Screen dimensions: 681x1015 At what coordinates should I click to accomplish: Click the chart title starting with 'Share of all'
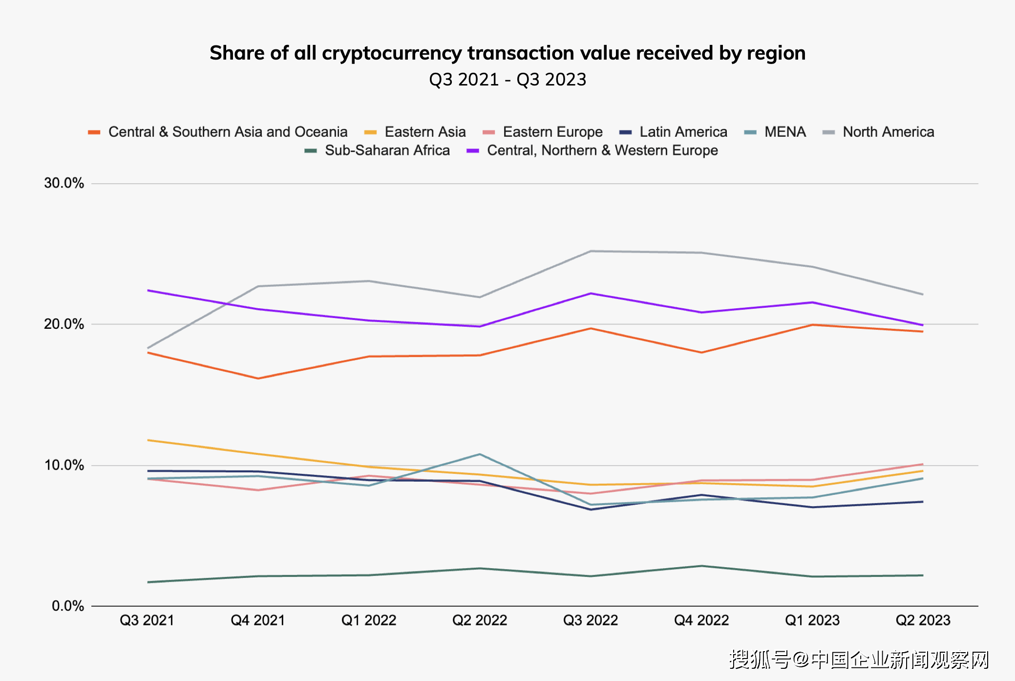pyautogui.click(x=507, y=53)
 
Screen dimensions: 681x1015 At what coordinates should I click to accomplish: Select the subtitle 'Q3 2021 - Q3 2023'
pyautogui.click(x=507, y=80)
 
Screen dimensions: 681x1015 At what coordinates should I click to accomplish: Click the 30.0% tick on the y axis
pyautogui.click(x=64, y=183)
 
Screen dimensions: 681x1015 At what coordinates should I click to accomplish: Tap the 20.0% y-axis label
pyautogui.click(x=64, y=324)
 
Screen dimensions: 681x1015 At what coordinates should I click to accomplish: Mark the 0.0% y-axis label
pyautogui.click(x=68, y=606)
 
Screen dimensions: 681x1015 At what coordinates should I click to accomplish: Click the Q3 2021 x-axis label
pyautogui.click(x=147, y=620)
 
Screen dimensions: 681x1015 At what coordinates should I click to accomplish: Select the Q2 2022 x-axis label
pyautogui.click(x=480, y=620)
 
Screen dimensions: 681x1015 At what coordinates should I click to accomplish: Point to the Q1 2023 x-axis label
pyautogui.click(x=812, y=620)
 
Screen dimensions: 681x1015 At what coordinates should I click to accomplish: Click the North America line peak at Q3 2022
pyautogui.click(x=591, y=251)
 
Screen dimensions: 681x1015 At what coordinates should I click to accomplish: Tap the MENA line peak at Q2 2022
pyautogui.click(x=480, y=454)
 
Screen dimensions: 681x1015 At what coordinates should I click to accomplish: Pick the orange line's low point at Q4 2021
pyautogui.click(x=258, y=379)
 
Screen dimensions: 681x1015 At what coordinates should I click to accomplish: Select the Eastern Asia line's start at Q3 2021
pyautogui.click(x=148, y=440)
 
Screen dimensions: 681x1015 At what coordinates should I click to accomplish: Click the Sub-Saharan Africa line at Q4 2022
pyautogui.click(x=702, y=566)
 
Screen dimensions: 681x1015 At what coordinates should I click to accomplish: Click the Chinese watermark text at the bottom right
pyautogui.click(x=859, y=660)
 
